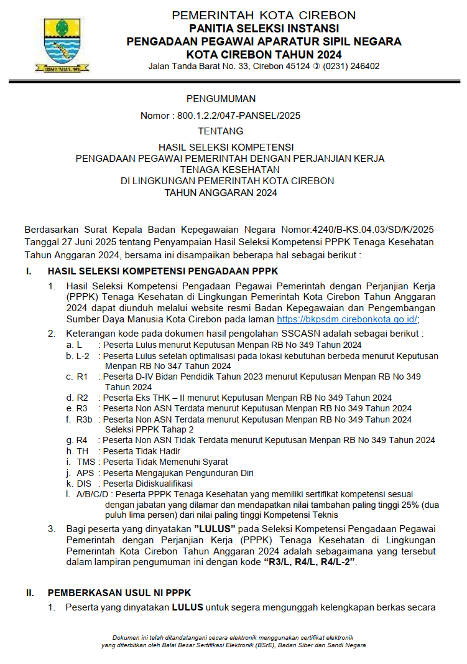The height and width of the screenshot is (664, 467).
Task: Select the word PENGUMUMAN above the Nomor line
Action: (x=221, y=99)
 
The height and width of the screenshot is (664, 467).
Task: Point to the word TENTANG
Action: (x=220, y=131)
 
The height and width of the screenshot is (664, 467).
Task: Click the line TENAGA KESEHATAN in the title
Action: (x=229, y=169)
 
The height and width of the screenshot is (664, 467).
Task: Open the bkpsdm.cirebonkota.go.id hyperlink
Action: (x=346, y=319)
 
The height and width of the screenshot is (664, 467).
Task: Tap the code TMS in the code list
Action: (x=86, y=462)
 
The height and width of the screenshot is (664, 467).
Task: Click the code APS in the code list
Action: (x=86, y=472)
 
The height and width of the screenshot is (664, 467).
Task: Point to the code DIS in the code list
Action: (x=85, y=483)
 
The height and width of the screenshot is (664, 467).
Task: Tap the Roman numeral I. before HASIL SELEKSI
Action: (x=29, y=271)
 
